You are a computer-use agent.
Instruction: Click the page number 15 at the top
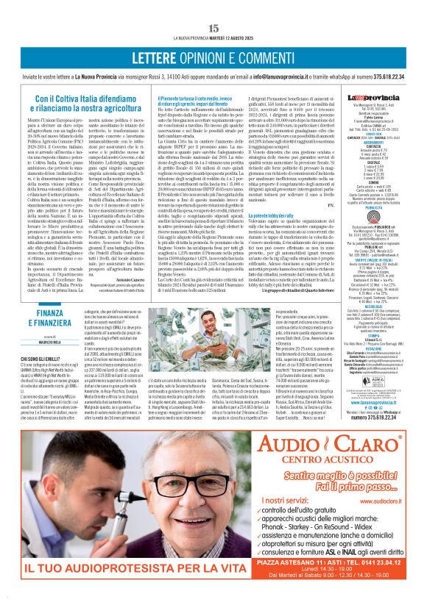coord(213,27)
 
